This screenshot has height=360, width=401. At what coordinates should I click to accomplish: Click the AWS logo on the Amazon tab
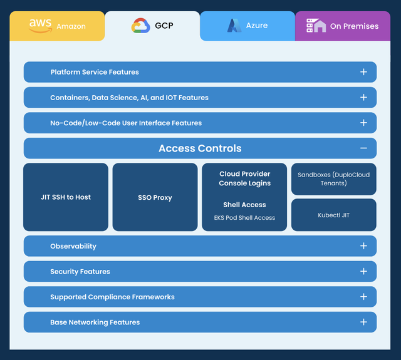40,26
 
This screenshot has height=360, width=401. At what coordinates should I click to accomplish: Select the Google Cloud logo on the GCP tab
140,26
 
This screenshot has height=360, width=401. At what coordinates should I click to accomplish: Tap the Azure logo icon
234,26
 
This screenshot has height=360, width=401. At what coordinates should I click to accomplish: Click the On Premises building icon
316,26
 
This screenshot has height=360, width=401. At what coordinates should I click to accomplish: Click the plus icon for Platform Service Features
363,72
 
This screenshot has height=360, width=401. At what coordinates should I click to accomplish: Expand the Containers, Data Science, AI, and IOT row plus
363,97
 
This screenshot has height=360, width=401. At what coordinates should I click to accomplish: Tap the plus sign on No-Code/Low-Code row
363,123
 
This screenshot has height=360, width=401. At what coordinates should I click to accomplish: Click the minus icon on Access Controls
363,148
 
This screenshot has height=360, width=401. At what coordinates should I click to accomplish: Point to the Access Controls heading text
200,148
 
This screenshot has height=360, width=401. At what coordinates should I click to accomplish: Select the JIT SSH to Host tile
66,197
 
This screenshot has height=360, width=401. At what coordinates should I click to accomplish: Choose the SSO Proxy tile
155,197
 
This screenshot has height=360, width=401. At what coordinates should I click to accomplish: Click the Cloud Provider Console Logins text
245,178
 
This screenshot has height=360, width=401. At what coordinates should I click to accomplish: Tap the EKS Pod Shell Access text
244,218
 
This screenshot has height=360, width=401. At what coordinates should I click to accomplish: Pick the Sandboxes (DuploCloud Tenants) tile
334,179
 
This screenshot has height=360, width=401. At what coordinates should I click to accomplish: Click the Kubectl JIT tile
334,215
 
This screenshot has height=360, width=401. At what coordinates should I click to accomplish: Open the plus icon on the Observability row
363,246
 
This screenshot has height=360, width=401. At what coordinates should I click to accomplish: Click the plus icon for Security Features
363,271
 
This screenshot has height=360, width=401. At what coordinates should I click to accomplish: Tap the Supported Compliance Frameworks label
112,297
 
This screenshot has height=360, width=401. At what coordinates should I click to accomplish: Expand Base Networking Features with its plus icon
363,322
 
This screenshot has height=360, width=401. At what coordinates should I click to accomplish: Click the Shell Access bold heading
244,205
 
